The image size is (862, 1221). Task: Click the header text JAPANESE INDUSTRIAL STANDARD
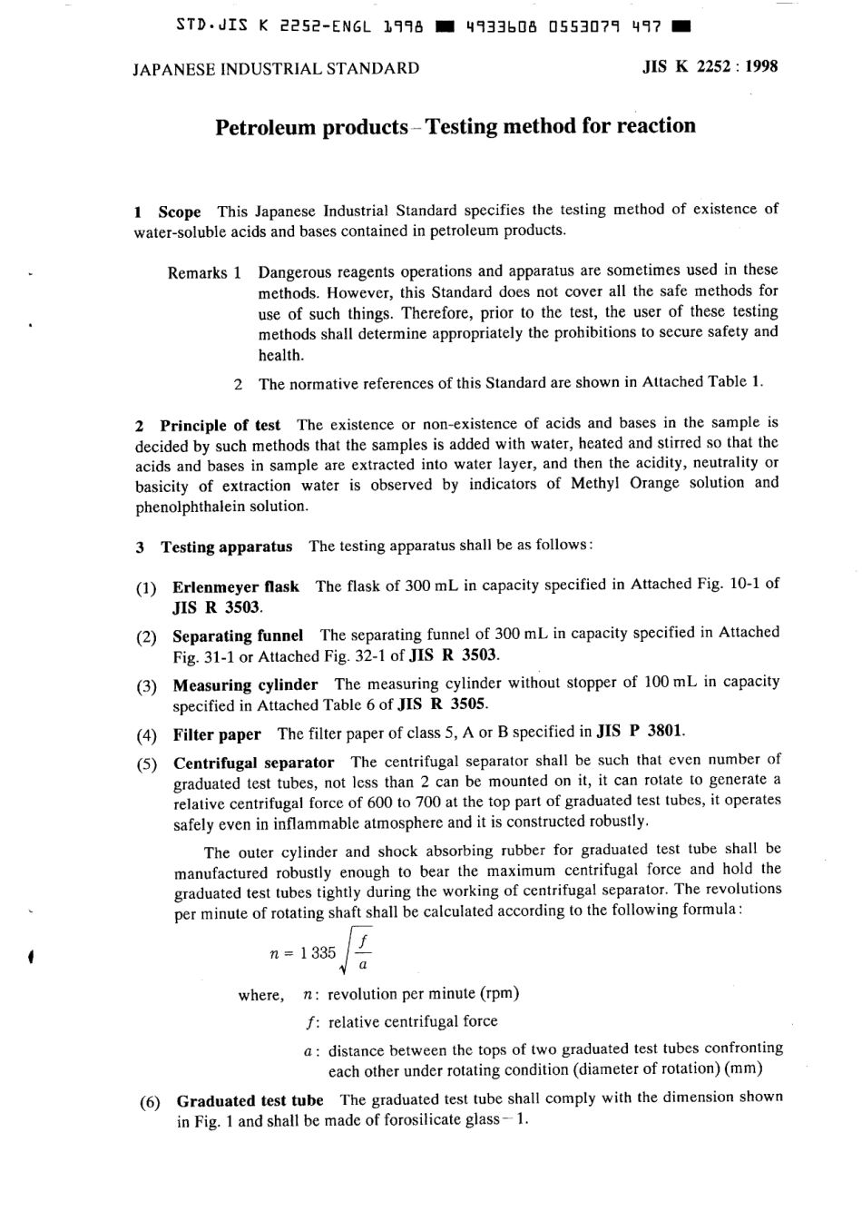[x=276, y=68]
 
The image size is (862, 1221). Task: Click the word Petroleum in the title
[x=265, y=127]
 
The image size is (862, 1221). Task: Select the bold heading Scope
[x=180, y=212]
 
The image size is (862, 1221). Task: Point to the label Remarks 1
[x=204, y=272]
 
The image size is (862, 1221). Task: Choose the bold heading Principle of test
[x=220, y=425]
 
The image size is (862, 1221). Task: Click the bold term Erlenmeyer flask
[x=236, y=586]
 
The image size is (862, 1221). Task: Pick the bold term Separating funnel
[x=238, y=635]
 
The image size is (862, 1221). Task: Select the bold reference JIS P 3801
[x=642, y=731]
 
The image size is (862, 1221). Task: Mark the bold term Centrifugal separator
[x=253, y=763]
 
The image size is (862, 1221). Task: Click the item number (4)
[x=146, y=734]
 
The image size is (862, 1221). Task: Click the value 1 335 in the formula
[x=318, y=952]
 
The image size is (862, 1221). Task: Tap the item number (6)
[x=150, y=1103]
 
